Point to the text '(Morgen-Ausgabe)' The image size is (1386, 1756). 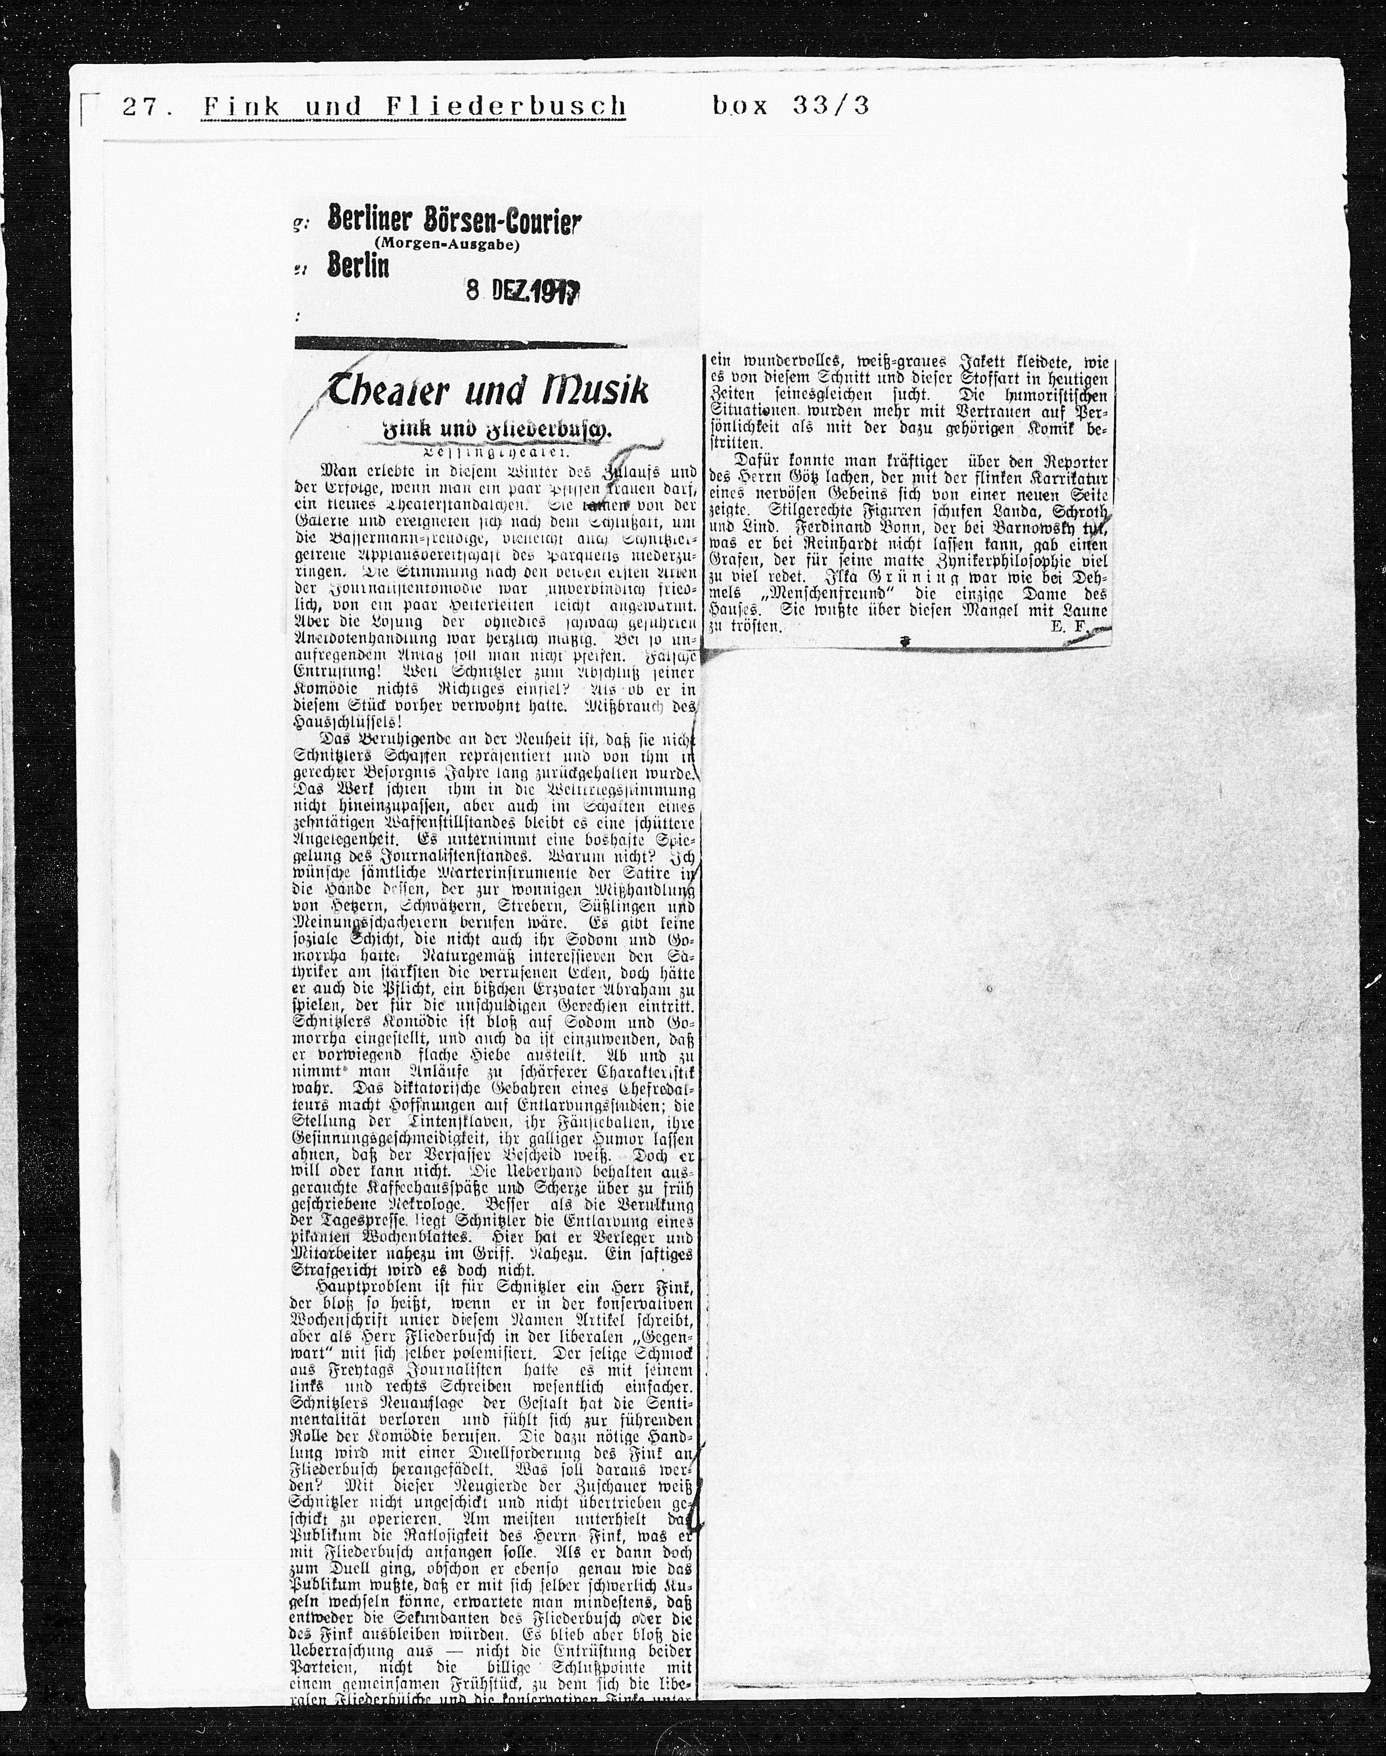pyautogui.click(x=446, y=245)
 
